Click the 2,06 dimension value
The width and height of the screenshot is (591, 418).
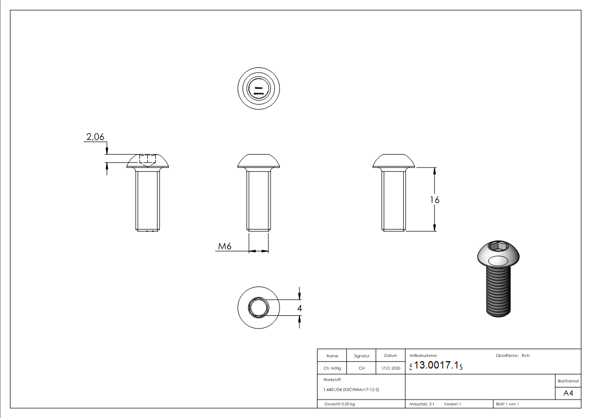pyautogui.click(x=95, y=137)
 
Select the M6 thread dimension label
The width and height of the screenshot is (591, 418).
pyautogui.click(x=226, y=246)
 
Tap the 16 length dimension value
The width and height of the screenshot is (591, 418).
pyautogui.click(x=434, y=200)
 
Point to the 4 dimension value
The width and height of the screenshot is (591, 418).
pyautogui.click(x=299, y=308)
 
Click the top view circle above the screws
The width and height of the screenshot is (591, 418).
pyautogui.click(x=258, y=88)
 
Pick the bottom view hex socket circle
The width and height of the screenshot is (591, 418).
pyautogui.click(x=258, y=307)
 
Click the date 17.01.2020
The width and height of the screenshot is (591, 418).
pyautogui.click(x=390, y=369)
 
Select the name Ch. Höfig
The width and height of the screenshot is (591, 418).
pyautogui.click(x=332, y=369)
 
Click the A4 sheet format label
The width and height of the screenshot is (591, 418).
pyautogui.click(x=568, y=394)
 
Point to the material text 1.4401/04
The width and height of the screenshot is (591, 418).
pyautogui.click(x=351, y=390)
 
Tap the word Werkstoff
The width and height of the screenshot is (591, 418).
pyautogui.click(x=333, y=379)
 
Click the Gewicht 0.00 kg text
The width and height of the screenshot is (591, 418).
pyautogui.click(x=340, y=404)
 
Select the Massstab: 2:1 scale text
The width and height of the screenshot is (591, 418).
pyautogui.click(x=422, y=404)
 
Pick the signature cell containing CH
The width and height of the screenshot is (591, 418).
pyautogui.click(x=362, y=369)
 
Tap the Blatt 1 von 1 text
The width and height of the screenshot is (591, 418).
pyautogui.click(x=507, y=404)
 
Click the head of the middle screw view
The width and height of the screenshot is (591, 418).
pyautogui.click(x=258, y=160)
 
